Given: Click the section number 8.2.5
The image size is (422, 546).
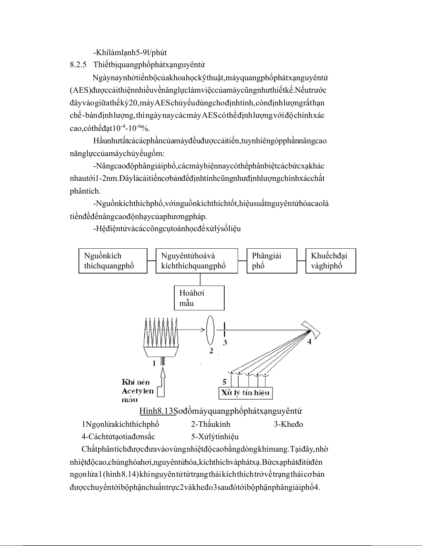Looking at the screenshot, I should (x=78, y=65).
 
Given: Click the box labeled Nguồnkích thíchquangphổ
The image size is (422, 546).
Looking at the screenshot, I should (x=113, y=261).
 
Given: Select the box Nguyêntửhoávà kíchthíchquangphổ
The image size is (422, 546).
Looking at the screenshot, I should (x=197, y=261).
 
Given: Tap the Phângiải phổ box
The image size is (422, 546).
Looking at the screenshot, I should (x=272, y=261).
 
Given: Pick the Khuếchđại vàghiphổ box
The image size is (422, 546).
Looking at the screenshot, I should (x=331, y=261).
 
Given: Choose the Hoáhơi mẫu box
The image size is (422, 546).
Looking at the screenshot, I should (x=199, y=298).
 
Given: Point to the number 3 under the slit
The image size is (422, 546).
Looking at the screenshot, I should (x=225, y=342).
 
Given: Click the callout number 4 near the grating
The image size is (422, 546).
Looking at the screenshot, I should (x=309, y=341).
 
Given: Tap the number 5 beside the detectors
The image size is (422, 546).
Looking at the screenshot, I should (x=224, y=381).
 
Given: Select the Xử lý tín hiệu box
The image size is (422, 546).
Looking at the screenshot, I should (x=246, y=393).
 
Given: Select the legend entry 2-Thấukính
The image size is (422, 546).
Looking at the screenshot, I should (x=210, y=424).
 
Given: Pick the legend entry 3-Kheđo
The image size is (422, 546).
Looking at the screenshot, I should (x=288, y=424).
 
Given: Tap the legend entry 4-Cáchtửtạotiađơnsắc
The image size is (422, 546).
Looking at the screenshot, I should (x=118, y=437).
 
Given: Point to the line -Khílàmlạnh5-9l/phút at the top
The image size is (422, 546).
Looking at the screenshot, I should (x=130, y=52).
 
